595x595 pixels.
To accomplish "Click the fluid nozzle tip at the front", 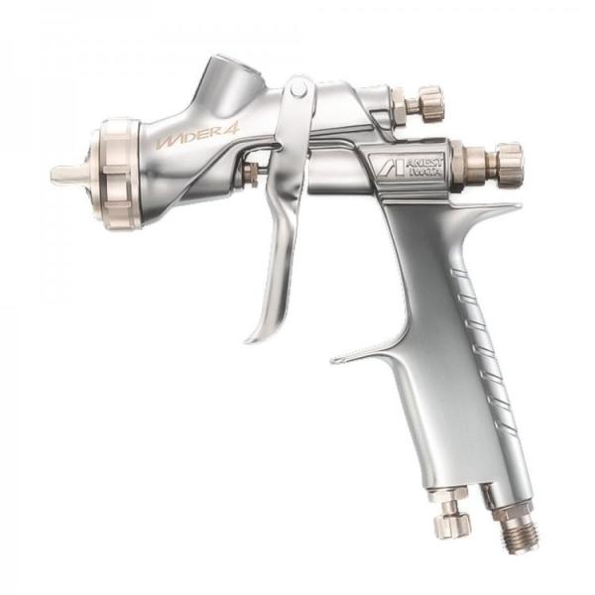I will click(61, 174).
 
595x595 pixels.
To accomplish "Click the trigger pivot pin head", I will click(297, 90).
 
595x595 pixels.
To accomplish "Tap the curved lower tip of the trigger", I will click(256, 334).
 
